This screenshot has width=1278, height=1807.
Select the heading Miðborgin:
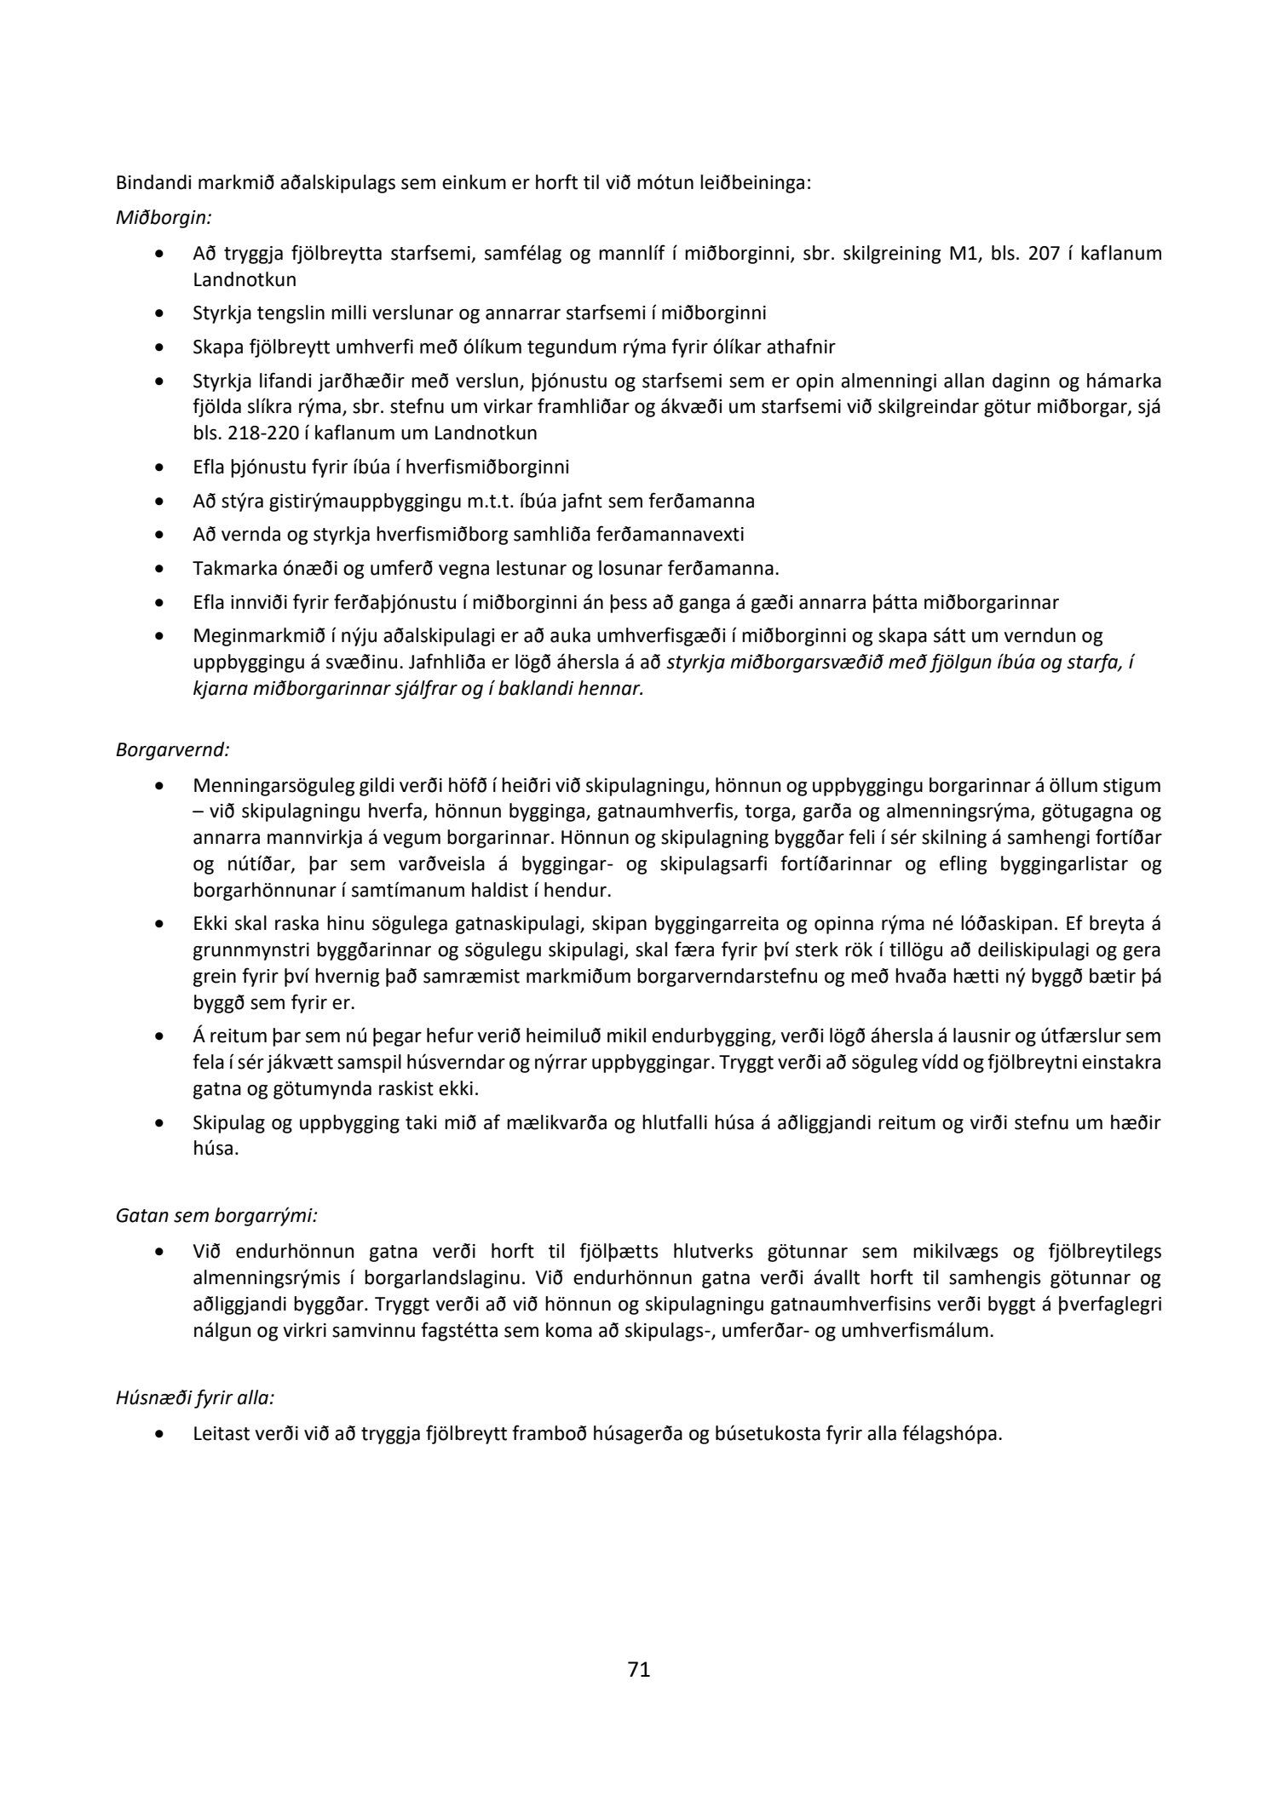point(163,217)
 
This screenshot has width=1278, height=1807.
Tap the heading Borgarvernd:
point(173,750)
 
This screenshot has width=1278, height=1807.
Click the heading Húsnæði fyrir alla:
point(195,1397)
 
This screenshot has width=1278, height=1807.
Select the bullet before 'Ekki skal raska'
point(159,924)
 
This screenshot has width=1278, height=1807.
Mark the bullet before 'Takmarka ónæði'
point(159,569)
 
